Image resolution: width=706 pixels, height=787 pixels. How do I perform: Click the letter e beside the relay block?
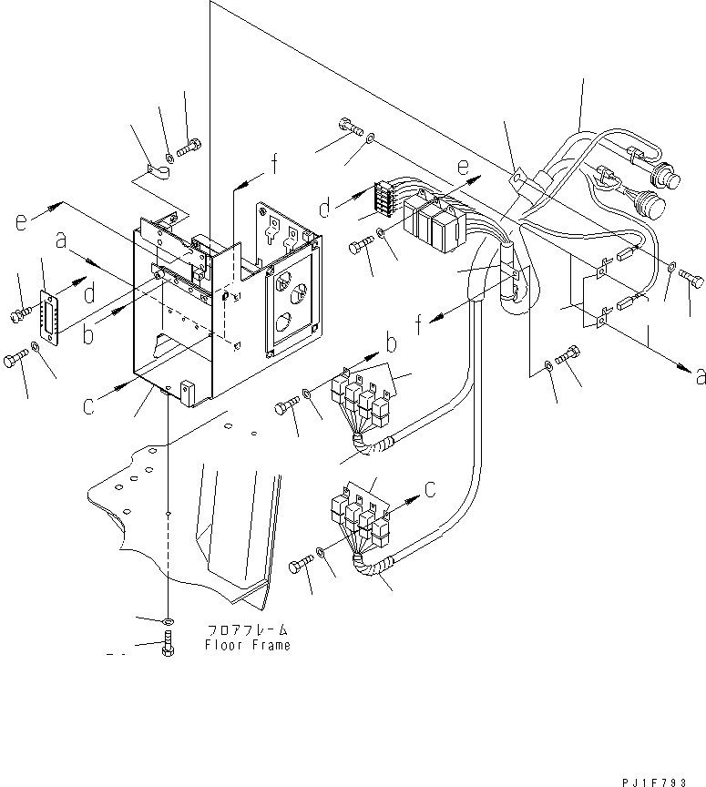point(463,167)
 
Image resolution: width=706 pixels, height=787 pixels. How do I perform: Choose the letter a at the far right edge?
point(699,377)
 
